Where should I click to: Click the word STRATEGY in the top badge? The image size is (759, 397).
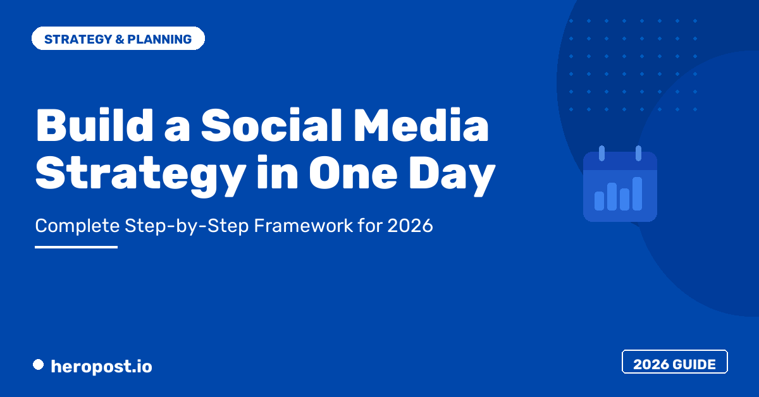[78, 39]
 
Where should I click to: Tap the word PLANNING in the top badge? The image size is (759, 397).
[159, 39]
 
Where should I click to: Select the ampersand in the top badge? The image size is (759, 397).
[120, 39]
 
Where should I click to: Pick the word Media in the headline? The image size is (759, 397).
[421, 125]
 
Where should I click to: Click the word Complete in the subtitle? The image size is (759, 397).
[78, 226]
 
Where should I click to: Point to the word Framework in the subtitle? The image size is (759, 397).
[304, 225]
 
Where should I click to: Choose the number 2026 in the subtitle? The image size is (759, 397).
[410, 225]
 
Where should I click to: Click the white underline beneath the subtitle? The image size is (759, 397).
[77, 247]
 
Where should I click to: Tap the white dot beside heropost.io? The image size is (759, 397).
[39, 365]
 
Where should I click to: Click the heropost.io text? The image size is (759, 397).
[101, 367]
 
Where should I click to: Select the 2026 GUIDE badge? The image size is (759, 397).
[675, 362]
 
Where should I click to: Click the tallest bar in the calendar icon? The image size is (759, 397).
[638, 193]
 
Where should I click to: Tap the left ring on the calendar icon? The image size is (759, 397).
[602, 153]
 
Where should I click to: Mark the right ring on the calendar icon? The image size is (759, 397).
[638, 153]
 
